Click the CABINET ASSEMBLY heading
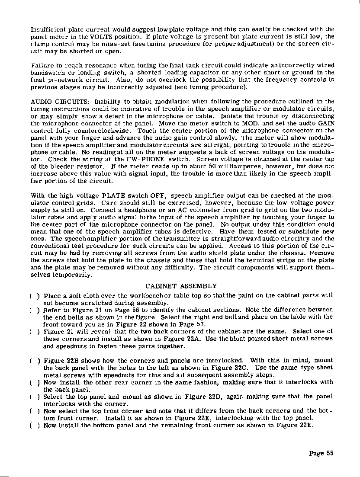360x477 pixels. [x=180, y=286]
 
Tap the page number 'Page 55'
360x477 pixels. [x=321, y=453]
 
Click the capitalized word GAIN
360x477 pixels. [x=327, y=123]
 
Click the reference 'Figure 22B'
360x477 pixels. [x=58, y=360]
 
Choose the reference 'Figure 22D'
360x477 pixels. [x=199, y=396]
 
